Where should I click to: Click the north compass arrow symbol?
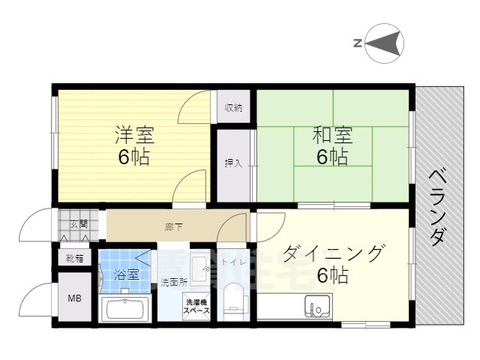pyautogui.click(x=385, y=42)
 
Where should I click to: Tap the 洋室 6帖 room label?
pyautogui.click(x=135, y=146)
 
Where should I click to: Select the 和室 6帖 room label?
pyautogui.click(x=331, y=146)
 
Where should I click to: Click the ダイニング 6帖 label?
pyautogui.click(x=332, y=263)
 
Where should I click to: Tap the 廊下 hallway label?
pyautogui.click(x=174, y=224)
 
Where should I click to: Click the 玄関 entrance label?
pyautogui.click(x=79, y=224)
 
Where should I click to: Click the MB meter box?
pyautogui.click(x=75, y=298)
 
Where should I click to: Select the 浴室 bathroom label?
pyautogui.click(x=126, y=274)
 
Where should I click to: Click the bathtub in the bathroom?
pyautogui.click(x=126, y=309)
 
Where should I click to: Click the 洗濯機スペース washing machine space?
pyautogui.click(x=196, y=308)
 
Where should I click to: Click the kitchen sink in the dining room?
pyautogui.click(x=317, y=307)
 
